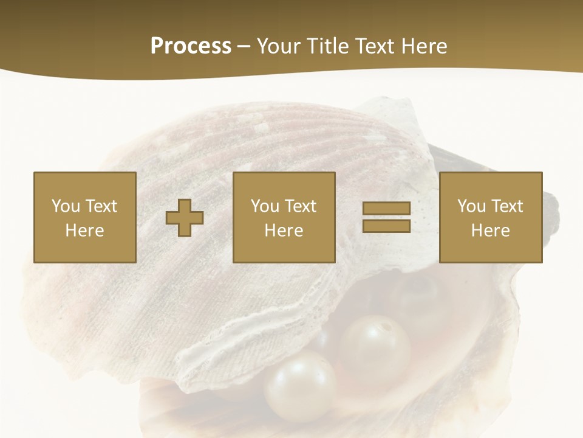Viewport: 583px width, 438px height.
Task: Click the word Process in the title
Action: coord(191,46)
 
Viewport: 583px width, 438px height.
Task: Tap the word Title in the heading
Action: coord(328,46)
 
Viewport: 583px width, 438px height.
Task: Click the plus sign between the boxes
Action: coord(185,218)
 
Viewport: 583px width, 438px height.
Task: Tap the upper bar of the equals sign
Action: coord(386,209)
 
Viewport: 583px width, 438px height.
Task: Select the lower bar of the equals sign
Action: coord(386,226)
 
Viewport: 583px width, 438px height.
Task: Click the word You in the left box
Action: coord(66,206)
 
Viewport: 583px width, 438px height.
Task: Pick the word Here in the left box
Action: coord(85,231)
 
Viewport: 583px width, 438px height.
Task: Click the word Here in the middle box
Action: coord(284,231)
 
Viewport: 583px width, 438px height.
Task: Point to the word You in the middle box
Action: coord(265,206)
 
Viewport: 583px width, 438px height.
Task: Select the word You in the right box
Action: coord(471,206)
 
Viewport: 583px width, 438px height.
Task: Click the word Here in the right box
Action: coord(491,231)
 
